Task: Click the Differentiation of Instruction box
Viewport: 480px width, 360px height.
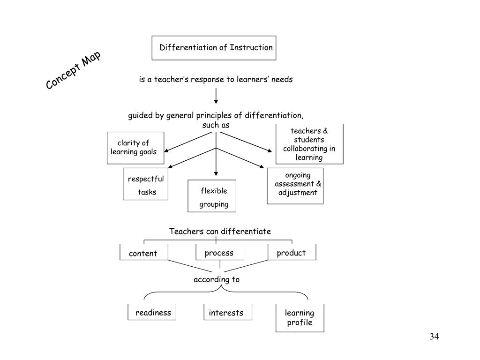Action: [214, 48]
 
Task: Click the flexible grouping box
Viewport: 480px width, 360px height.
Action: [212, 196]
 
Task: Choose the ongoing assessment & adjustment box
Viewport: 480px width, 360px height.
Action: [295, 186]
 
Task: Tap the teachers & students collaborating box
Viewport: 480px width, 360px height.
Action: [309, 144]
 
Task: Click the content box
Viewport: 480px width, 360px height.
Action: [144, 253]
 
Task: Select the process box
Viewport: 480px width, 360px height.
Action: [219, 253]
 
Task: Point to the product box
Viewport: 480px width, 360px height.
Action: [292, 252]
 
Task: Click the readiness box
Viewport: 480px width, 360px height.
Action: [152, 312]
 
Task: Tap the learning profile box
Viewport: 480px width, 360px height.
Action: [300, 318]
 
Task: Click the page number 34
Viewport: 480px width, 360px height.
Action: [434, 337]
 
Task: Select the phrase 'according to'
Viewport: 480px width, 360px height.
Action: [217, 279]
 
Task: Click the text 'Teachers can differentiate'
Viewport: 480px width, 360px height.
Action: [220, 231]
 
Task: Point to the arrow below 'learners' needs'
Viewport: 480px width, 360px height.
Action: [216, 95]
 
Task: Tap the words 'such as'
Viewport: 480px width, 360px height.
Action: [216, 125]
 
